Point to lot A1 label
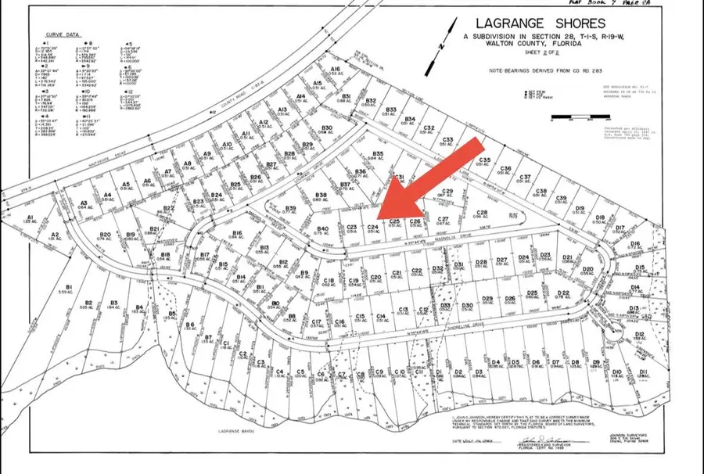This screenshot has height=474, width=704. point(31,219)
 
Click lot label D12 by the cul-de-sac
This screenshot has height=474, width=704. point(639,336)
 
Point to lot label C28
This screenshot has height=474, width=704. point(482,214)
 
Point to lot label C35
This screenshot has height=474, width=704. point(485,161)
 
